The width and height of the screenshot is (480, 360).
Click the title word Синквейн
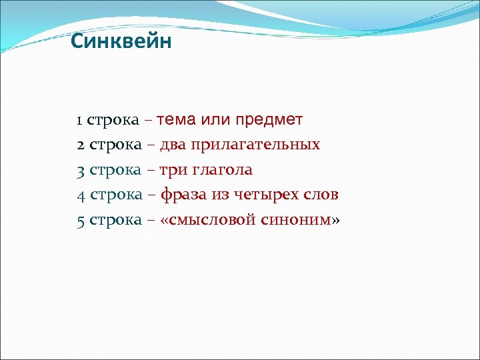[x=121, y=42]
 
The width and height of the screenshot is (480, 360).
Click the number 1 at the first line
[x=79, y=121]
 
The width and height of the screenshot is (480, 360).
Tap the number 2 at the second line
[x=80, y=145]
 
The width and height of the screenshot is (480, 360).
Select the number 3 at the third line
[x=80, y=170]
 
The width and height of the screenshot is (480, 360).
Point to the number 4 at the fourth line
[x=80, y=195]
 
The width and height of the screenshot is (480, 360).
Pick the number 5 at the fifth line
[x=80, y=220]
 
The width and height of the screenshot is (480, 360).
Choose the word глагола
[x=223, y=170]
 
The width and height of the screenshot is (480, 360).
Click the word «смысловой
[x=205, y=220]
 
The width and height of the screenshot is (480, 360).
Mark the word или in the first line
[x=216, y=120]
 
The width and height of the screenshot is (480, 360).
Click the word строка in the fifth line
[x=115, y=220]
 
